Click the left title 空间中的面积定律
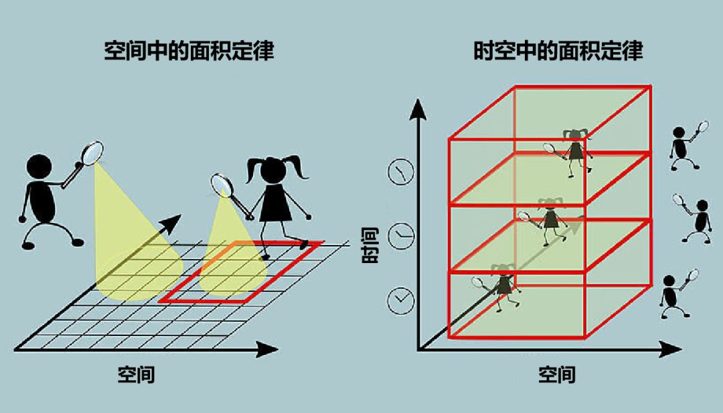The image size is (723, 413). (x=189, y=52)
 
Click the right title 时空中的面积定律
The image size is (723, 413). (x=558, y=52)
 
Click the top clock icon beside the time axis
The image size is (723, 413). (x=400, y=172)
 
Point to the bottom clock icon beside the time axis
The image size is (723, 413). (x=400, y=300)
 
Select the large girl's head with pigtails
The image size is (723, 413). (x=273, y=170)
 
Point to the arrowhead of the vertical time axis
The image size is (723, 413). (x=419, y=108)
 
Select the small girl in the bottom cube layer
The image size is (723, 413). (x=504, y=284)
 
